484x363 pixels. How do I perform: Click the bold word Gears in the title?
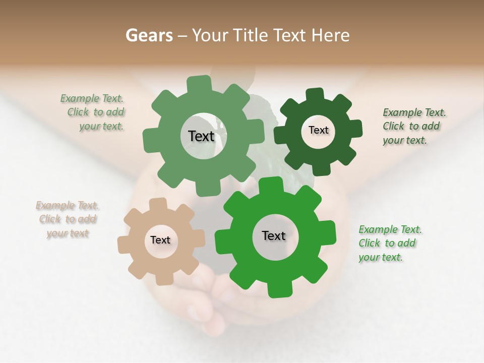pos(149,35)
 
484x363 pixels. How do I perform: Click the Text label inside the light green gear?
pos(201,136)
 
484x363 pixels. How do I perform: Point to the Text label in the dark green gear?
pos(318,130)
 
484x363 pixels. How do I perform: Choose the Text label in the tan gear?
pos(160,240)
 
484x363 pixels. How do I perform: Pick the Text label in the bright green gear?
pos(274,235)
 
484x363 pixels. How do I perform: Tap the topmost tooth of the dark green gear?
pos(315,94)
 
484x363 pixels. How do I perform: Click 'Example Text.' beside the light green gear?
pos(92,99)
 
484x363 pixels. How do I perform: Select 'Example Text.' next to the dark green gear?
pos(414,112)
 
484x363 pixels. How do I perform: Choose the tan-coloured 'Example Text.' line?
pos(68,206)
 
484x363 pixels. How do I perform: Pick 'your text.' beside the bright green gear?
pos(381,257)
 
